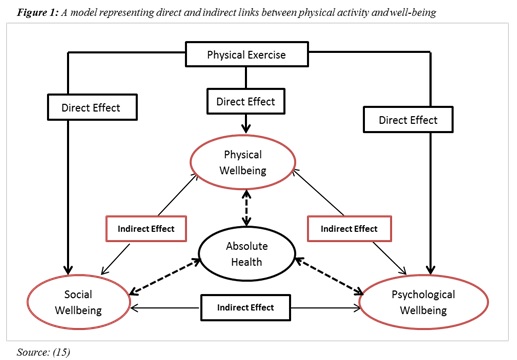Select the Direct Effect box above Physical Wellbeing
pos(246,101)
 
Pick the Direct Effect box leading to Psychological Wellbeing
pos(407,120)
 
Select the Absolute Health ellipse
pos(246,246)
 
